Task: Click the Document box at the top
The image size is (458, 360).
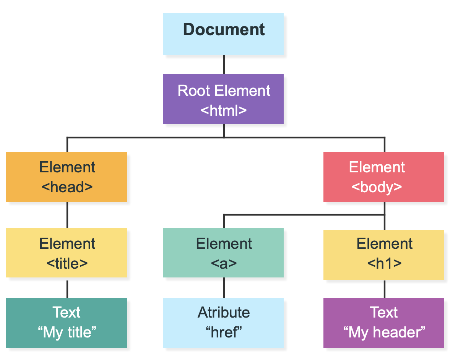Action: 223,34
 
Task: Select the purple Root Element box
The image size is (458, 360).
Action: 223,99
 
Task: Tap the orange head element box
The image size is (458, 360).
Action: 67,177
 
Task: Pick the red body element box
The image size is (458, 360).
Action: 384,177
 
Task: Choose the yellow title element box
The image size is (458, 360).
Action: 67,253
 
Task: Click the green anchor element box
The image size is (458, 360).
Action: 223,253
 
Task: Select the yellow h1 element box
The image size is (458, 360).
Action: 384,255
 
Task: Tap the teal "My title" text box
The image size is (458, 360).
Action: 67,323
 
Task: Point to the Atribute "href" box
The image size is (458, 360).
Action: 223,323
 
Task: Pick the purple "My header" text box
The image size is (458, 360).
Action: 384,323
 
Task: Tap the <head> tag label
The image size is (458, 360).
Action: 67,187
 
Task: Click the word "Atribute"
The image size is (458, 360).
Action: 224,312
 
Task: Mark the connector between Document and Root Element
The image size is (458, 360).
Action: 224,65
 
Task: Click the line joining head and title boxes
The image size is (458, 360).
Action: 67,215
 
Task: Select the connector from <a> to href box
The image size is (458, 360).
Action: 224,288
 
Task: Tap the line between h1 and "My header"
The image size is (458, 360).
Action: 385,289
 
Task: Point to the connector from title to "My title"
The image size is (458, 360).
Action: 67,288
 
